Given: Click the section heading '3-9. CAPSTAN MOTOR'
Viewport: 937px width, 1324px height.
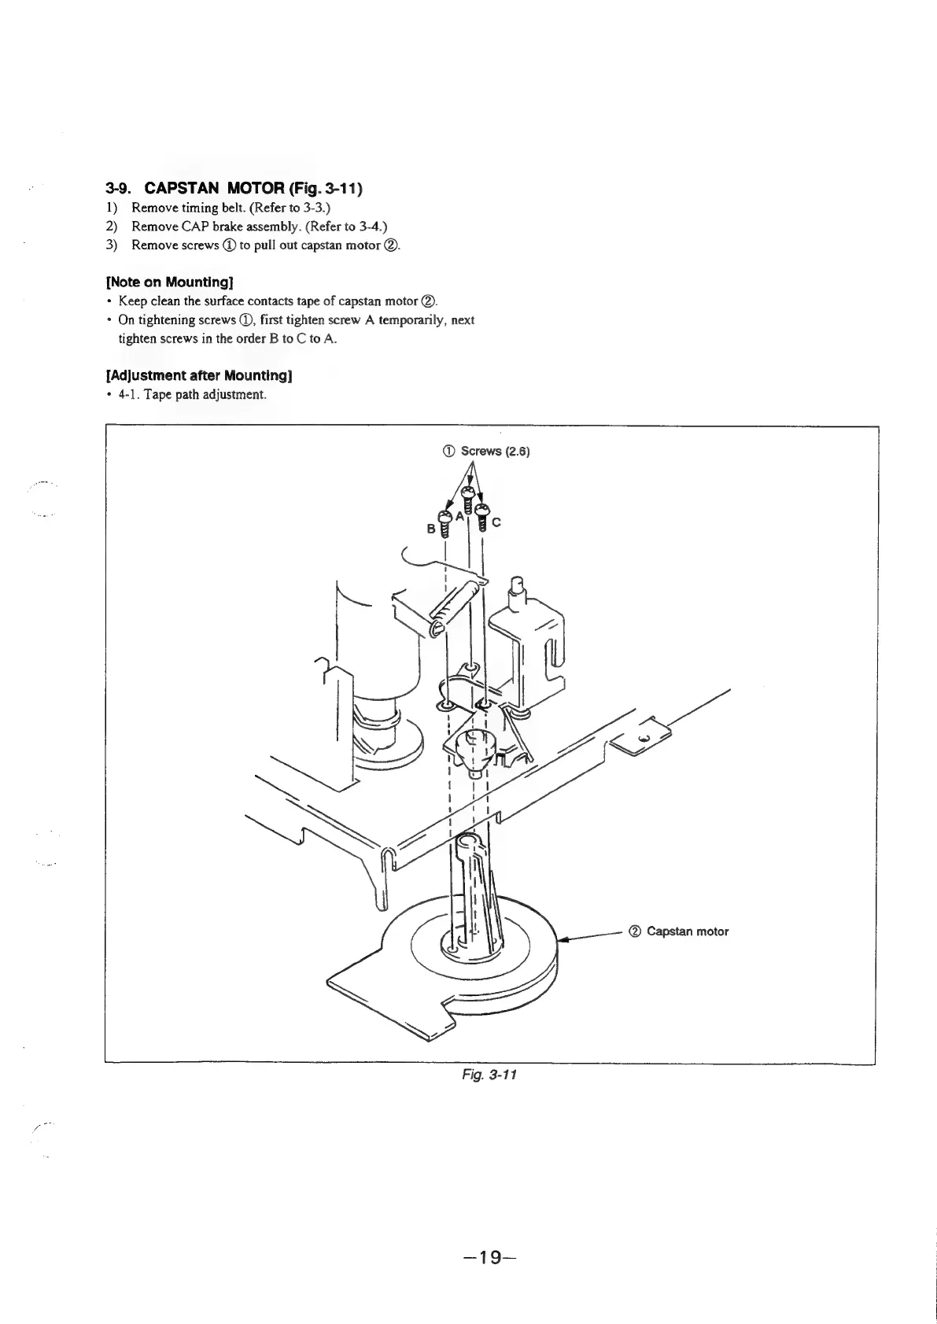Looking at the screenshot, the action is coord(234,188).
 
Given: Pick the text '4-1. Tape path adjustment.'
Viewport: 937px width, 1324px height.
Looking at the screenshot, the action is coord(193,394).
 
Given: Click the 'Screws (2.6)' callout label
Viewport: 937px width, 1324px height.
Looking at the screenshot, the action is coord(488,452).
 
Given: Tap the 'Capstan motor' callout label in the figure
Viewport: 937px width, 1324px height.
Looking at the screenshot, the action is coord(681,931).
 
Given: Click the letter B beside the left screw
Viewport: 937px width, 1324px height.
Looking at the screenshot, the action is coord(430,529).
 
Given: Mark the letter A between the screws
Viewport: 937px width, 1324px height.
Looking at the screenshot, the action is coord(459,516).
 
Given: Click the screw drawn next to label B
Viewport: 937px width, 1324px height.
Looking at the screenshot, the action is coord(444,523).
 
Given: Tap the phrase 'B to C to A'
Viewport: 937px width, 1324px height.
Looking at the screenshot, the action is coord(304,338).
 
